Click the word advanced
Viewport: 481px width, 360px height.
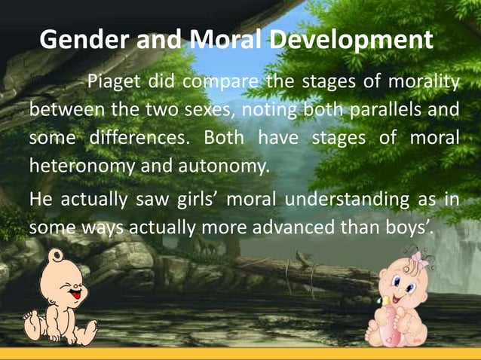coord(301,227)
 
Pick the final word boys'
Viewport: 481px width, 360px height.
coord(411,227)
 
